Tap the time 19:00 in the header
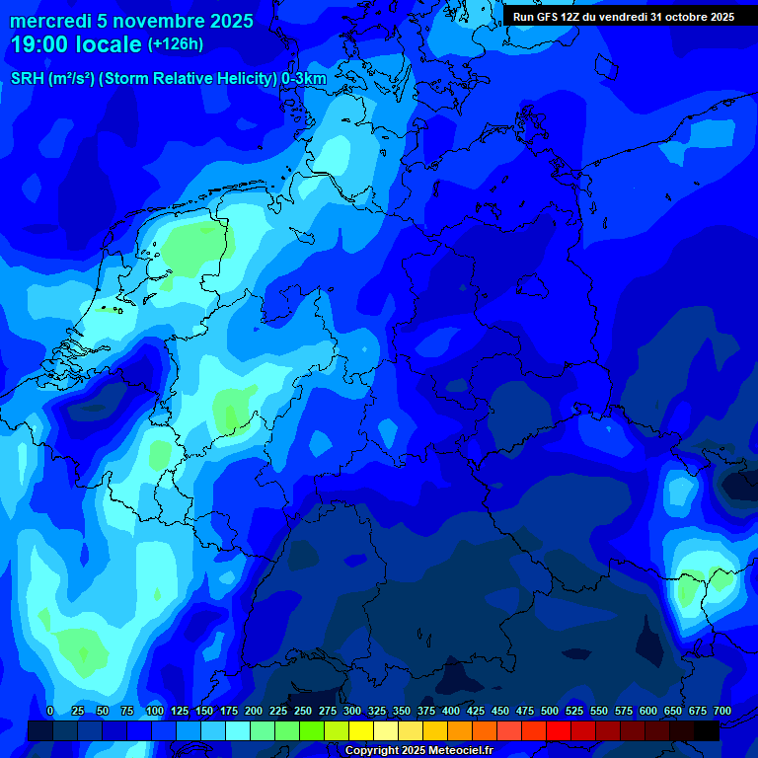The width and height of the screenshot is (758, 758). tap(41, 44)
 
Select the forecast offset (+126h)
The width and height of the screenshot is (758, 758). tap(176, 44)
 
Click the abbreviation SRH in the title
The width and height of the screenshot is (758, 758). tap(27, 79)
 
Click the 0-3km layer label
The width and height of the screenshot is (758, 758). tap(304, 79)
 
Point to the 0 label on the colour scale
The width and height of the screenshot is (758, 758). tap(50, 711)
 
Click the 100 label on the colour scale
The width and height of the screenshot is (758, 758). tap(155, 711)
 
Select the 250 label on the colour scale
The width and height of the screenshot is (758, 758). tap(303, 711)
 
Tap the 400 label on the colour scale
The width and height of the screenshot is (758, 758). tap(451, 711)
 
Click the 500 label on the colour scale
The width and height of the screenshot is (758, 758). tap(550, 711)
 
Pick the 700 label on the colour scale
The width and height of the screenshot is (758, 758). tap(722, 711)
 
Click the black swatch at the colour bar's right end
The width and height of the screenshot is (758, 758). tap(707, 730)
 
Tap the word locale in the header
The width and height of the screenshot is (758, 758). tap(109, 44)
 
